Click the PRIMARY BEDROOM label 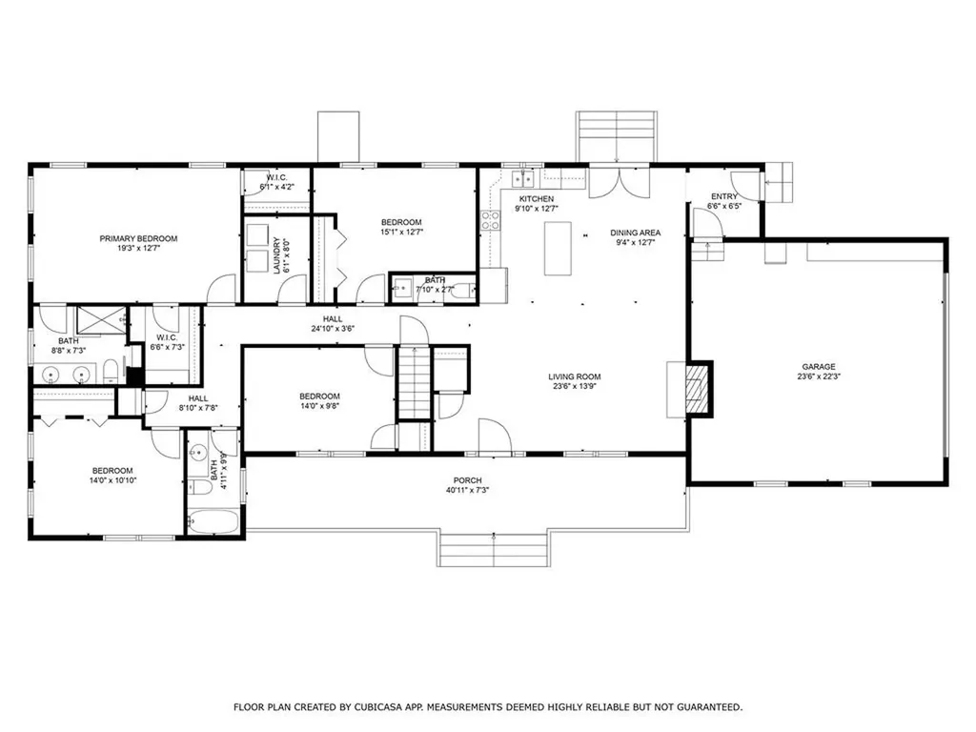tap(138, 238)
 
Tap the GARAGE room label tap(819, 367)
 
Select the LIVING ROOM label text tap(575, 376)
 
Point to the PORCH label tap(467, 480)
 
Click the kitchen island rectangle tap(558, 249)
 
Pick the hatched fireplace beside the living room tap(698, 390)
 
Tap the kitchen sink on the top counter tap(523, 179)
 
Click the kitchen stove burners tap(490, 220)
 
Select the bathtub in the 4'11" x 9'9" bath tap(213, 521)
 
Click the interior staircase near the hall tap(414, 382)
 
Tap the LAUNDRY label tap(277, 255)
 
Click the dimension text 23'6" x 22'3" tap(819, 376)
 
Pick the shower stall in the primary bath tap(101, 321)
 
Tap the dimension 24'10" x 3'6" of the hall tap(333, 329)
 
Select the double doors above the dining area tap(620, 182)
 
